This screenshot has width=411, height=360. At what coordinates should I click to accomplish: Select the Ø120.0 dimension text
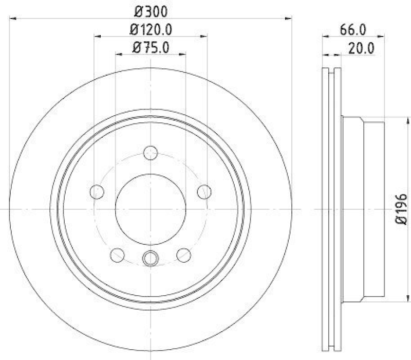pyautogui.click(x=152, y=29)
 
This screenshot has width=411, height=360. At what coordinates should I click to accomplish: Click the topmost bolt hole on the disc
pyautogui.click(x=151, y=152)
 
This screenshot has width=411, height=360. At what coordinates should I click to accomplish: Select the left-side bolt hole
pyautogui.click(x=97, y=192)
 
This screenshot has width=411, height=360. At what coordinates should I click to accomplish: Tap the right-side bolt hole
pyautogui.click(x=204, y=192)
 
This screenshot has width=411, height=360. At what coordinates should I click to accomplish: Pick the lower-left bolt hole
pyautogui.click(x=117, y=255)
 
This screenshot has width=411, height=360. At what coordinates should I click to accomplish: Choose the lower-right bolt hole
pyautogui.click(x=183, y=255)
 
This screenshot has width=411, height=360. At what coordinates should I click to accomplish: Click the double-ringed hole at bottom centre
pyautogui.click(x=151, y=258)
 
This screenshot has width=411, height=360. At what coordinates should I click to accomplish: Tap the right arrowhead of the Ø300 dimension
pyautogui.click(x=289, y=19)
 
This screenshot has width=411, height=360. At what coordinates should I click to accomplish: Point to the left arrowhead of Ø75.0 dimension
pyautogui.click(x=118, y=55)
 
